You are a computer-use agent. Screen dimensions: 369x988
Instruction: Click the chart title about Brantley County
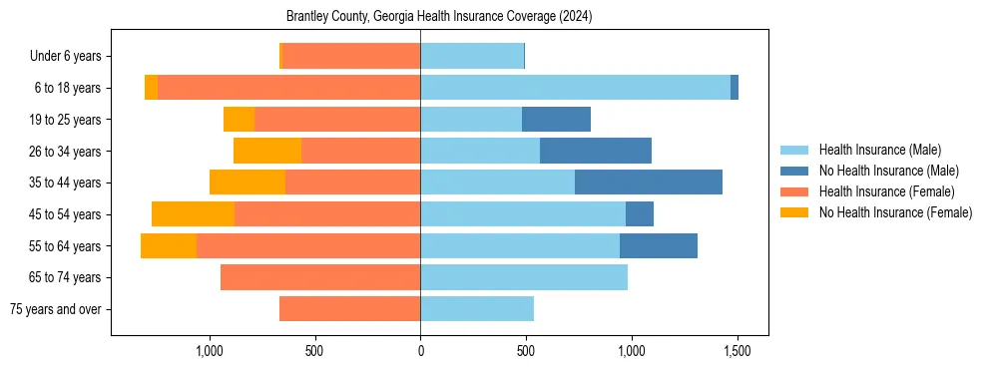(x=439, y=17)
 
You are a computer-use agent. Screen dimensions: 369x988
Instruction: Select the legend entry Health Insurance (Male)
(x=879, y=150)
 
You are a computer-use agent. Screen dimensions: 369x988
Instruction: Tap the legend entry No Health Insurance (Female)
(x=895, y=212)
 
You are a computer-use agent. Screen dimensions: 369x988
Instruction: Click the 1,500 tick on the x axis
(x=737, y=351)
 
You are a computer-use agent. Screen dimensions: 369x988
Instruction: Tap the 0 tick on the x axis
(x=420, y=351)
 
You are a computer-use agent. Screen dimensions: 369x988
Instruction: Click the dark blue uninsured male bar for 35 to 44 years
(x=648, y=183)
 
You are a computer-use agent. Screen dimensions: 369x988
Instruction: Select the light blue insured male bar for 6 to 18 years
(x=575, y=88)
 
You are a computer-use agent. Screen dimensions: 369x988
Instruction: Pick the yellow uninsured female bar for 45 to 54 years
(x=193, y=214)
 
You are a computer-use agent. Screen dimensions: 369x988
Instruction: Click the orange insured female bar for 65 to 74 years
(x=320, y=277)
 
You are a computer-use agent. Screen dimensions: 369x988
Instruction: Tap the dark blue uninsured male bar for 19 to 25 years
(x=556, y=120)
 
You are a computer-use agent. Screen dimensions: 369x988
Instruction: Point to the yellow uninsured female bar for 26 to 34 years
(x=267, y=151)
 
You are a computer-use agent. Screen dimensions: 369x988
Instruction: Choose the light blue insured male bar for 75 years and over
(x=477, y=309)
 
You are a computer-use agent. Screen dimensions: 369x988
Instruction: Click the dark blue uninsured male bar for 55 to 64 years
(x=658, y=245)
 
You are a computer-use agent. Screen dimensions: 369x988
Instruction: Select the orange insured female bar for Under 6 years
(x=351, y=56)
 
